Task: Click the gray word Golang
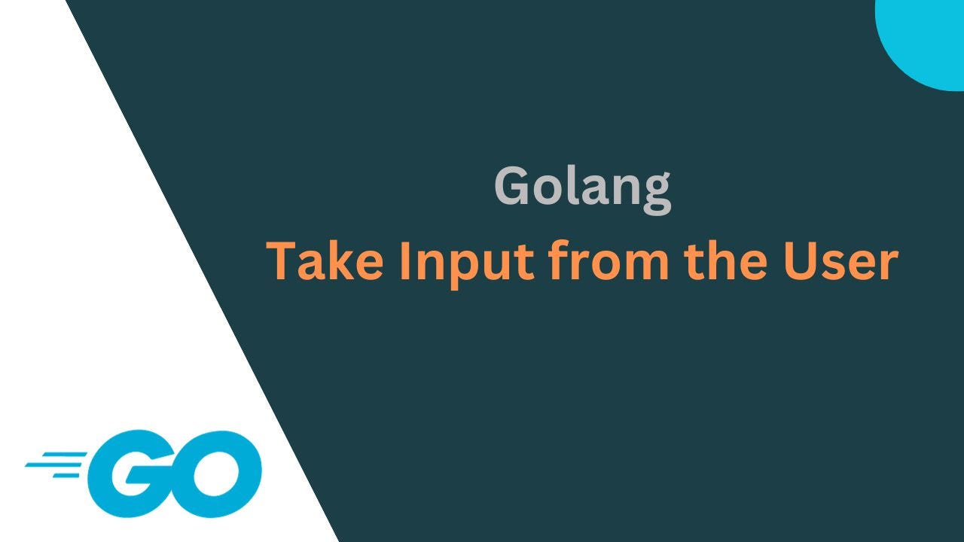(582, 187)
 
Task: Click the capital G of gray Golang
(513, 187)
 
